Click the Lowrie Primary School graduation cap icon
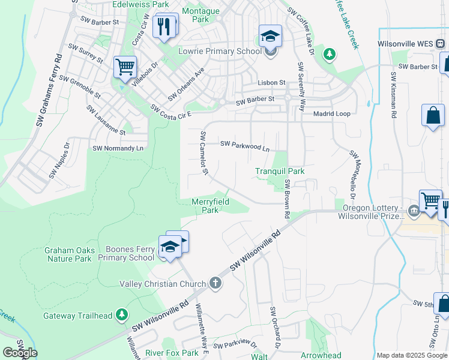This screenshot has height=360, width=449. coord(270,35)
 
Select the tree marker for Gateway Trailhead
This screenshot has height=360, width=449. coord(122,314)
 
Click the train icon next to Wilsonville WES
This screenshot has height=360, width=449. coord(440,44)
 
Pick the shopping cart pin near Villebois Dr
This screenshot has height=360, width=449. coord(125,67)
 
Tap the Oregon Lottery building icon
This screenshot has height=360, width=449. coord(414,211)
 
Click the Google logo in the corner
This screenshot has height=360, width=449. coord(20,353)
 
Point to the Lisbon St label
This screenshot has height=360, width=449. coord(271,82)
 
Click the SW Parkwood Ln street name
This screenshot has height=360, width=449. coord(245,145)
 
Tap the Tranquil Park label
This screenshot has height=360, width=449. coord(280,171)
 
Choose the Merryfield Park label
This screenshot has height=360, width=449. coord(209,206)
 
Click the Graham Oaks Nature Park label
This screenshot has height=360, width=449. coord(68,254)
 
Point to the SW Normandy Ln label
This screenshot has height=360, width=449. coord(118,148)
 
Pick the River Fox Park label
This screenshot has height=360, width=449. coord(172,353)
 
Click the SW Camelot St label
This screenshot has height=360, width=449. coord(204,154)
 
